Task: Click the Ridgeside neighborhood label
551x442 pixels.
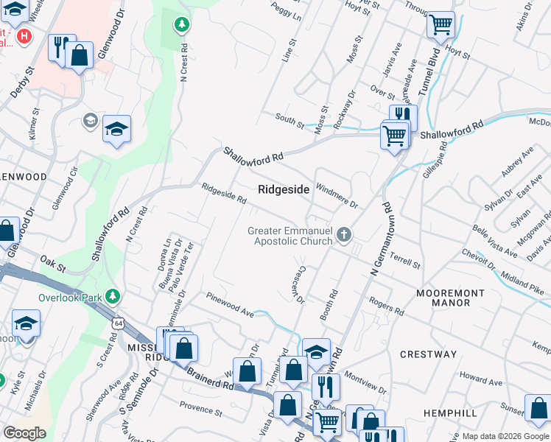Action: pyautogui.click(x=284, y=189)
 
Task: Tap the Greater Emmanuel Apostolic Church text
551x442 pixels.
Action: pyautogui.click(x=289, y=236)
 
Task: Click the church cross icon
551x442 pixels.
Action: pyautogui.click(x=343, y=236)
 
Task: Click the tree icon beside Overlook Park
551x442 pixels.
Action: pyautogui.click(x=113, y=296)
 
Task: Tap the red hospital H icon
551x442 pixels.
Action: pyautogui.click(x=24, y=35)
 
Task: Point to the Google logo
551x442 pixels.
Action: pyautogui.click(x=24, y=433)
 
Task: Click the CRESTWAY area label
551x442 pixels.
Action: pyautogui.click(x=429, y=354)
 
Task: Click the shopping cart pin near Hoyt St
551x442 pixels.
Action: pyautogui.click(x=441, y=26)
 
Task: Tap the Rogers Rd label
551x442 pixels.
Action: pyautogui.click(x=387, y=306)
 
